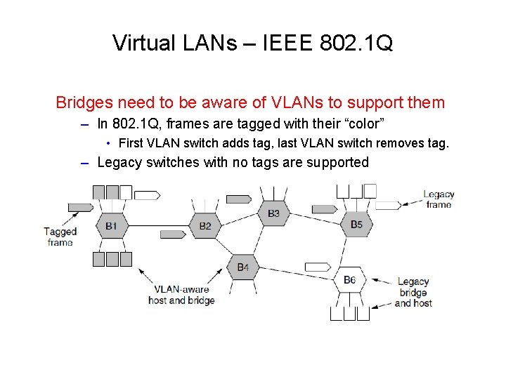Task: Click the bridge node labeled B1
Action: tap(111, 225)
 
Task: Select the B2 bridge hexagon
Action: tap(205, 225)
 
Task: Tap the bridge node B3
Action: tap(273, 213)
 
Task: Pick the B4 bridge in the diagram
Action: tap(242, 267)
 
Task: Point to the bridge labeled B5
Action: tap(356, 225)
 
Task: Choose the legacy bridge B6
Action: tap(349, 280)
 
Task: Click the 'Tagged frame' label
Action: tap(60, 237)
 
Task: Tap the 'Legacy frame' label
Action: tap(439, 199)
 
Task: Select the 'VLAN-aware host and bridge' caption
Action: tap(181, 294)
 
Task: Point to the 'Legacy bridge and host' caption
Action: tap(413, 292)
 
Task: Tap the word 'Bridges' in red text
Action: tap(84, 102)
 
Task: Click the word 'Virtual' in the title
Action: tap(143, 44)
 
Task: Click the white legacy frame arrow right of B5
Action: tap(389, 206)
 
